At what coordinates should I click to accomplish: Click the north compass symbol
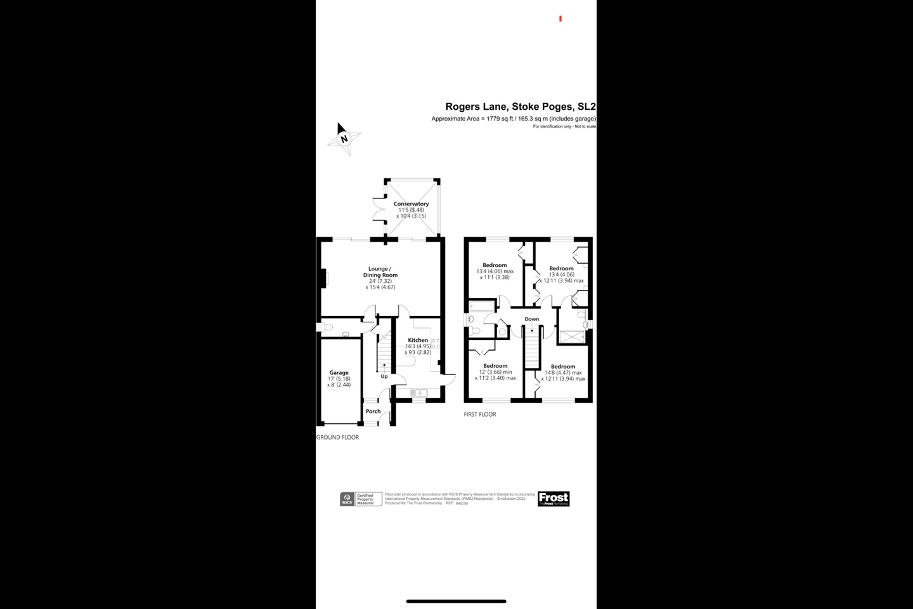344,138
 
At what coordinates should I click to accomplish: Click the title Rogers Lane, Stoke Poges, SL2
520,107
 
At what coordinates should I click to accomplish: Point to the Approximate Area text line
514,119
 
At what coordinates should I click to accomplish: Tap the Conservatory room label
411,204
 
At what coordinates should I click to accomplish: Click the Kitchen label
418,340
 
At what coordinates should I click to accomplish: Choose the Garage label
339,373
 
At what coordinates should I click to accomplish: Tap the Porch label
373,411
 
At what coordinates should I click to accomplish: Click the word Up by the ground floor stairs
384,376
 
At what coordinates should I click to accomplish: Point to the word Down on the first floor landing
531,319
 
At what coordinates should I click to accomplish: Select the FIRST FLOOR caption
479,414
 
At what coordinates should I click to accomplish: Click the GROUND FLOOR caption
337,437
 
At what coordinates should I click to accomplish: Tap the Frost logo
554,499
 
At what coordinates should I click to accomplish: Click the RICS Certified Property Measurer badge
360,499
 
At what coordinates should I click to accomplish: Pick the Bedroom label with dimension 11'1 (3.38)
495,265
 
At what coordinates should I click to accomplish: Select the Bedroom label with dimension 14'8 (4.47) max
562,367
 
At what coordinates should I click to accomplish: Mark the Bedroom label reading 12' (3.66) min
495,366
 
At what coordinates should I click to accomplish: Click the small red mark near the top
560,19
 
